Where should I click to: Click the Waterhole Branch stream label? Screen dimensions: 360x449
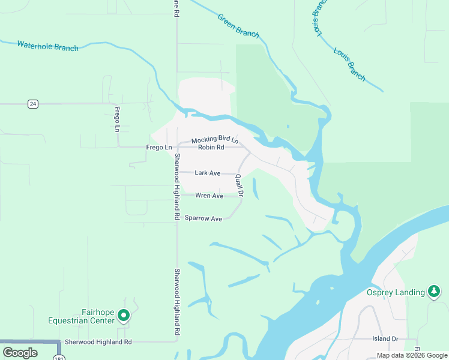pyautogui.click(x=47, y=46)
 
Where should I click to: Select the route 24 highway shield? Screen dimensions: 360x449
pyautogui.click(x=33, y=104)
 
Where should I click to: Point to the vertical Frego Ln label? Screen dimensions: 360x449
pyautogui.click(x=117, y=118)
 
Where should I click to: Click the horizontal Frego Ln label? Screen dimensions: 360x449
pyautogui.click(x=158, y=147)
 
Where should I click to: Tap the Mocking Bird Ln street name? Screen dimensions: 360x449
pyautogui.click(x=214, y=140)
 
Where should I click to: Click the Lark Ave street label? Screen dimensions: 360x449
pyautogui.click(x=207, y=173)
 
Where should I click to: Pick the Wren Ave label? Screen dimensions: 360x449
pyautogui.click(x=209, y=196)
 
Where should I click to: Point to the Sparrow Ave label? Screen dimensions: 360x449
pyautogui.click(x=203, y=218)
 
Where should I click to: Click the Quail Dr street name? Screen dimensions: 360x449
pyautogui.click(x=239, y=185)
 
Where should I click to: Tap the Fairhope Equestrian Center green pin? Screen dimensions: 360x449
pyautogui.click(x=124, y=314)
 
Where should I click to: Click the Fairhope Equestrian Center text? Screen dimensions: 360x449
pyautogui.click(x=82, y=316)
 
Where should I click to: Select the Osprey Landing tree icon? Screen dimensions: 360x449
pyautogui.click(x=434, y=291)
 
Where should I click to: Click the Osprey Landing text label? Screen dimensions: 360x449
pyautogui.click(x=395, y=293)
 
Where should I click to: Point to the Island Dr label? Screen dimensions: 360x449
pyautogui.click(x=385, y=339)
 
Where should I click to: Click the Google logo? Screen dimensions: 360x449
pyautogui.click(x=20, y=353)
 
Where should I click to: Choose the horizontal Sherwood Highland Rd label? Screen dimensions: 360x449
pyautogui.click(x=98, y=341)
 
